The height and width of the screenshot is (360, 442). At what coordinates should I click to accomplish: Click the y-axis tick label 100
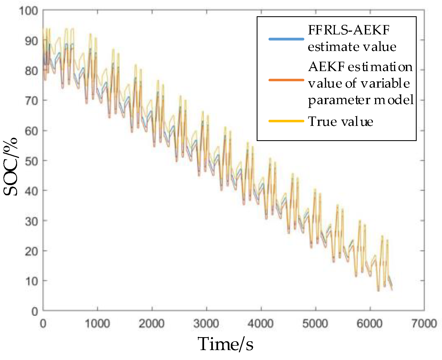pos(28,11)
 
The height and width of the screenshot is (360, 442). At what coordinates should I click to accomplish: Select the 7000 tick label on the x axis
pos(424,323)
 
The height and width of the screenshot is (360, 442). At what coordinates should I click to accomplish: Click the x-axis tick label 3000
pos(206,323)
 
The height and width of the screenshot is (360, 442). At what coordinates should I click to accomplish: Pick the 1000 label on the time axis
pos(97,323)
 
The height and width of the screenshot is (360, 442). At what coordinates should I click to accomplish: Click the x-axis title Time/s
pos(225,344)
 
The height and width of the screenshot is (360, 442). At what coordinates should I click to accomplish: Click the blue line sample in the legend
pos(286,39)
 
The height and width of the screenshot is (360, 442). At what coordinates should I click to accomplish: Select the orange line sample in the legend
pos(286,80)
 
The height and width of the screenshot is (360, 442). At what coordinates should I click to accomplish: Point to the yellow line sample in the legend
pos(286,121)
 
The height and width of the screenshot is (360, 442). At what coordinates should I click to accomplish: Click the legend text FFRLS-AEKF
pos(348,30)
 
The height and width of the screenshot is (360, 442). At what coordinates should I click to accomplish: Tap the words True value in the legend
pos(340,121)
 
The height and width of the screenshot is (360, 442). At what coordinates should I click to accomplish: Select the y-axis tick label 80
pos(31,71)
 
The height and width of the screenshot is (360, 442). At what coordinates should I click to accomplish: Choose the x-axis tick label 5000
pos(315,323)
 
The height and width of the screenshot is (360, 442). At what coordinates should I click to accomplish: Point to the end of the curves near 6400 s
pos(391,288)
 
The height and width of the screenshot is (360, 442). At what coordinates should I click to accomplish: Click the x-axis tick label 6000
pos(369,323)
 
